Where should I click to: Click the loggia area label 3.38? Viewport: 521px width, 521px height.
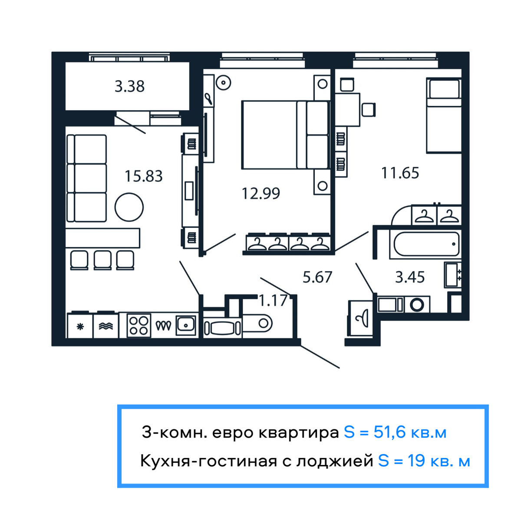pos(129,86)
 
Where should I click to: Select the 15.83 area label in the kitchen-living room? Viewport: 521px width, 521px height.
pos(143,176)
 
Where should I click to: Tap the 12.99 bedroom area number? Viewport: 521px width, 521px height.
pos(260,193)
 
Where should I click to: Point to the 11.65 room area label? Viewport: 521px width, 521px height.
pos(400,173)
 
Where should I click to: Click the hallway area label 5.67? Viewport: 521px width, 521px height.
pos(317,277)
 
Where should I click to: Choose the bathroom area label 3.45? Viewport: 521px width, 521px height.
pos(409,277)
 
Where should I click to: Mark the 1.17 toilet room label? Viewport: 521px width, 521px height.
pos(273,300)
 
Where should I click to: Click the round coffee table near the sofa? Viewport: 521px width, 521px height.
pos(129,207)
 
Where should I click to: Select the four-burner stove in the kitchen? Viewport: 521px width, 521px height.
pos(139,325)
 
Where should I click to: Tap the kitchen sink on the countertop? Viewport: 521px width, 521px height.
pos(186,325)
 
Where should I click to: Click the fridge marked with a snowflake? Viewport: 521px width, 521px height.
pos(80,326)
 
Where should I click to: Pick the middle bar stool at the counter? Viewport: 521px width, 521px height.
pos(103,260)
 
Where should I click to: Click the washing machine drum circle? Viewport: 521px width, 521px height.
pos(417,305)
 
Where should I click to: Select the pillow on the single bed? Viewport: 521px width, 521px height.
pos(444,89)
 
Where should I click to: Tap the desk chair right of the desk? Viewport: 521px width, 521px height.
pos(369,109)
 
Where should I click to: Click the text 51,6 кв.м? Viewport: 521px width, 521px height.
pos(410,432)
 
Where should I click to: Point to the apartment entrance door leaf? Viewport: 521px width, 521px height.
pos(320,356)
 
